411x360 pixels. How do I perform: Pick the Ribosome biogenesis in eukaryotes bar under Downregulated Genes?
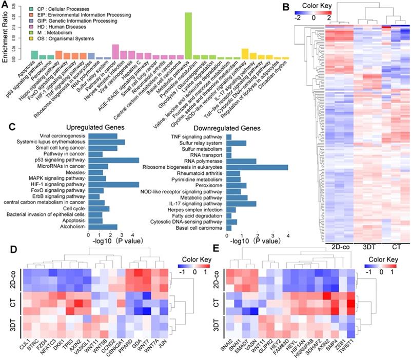pyautogui.click(x=257, y=167)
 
